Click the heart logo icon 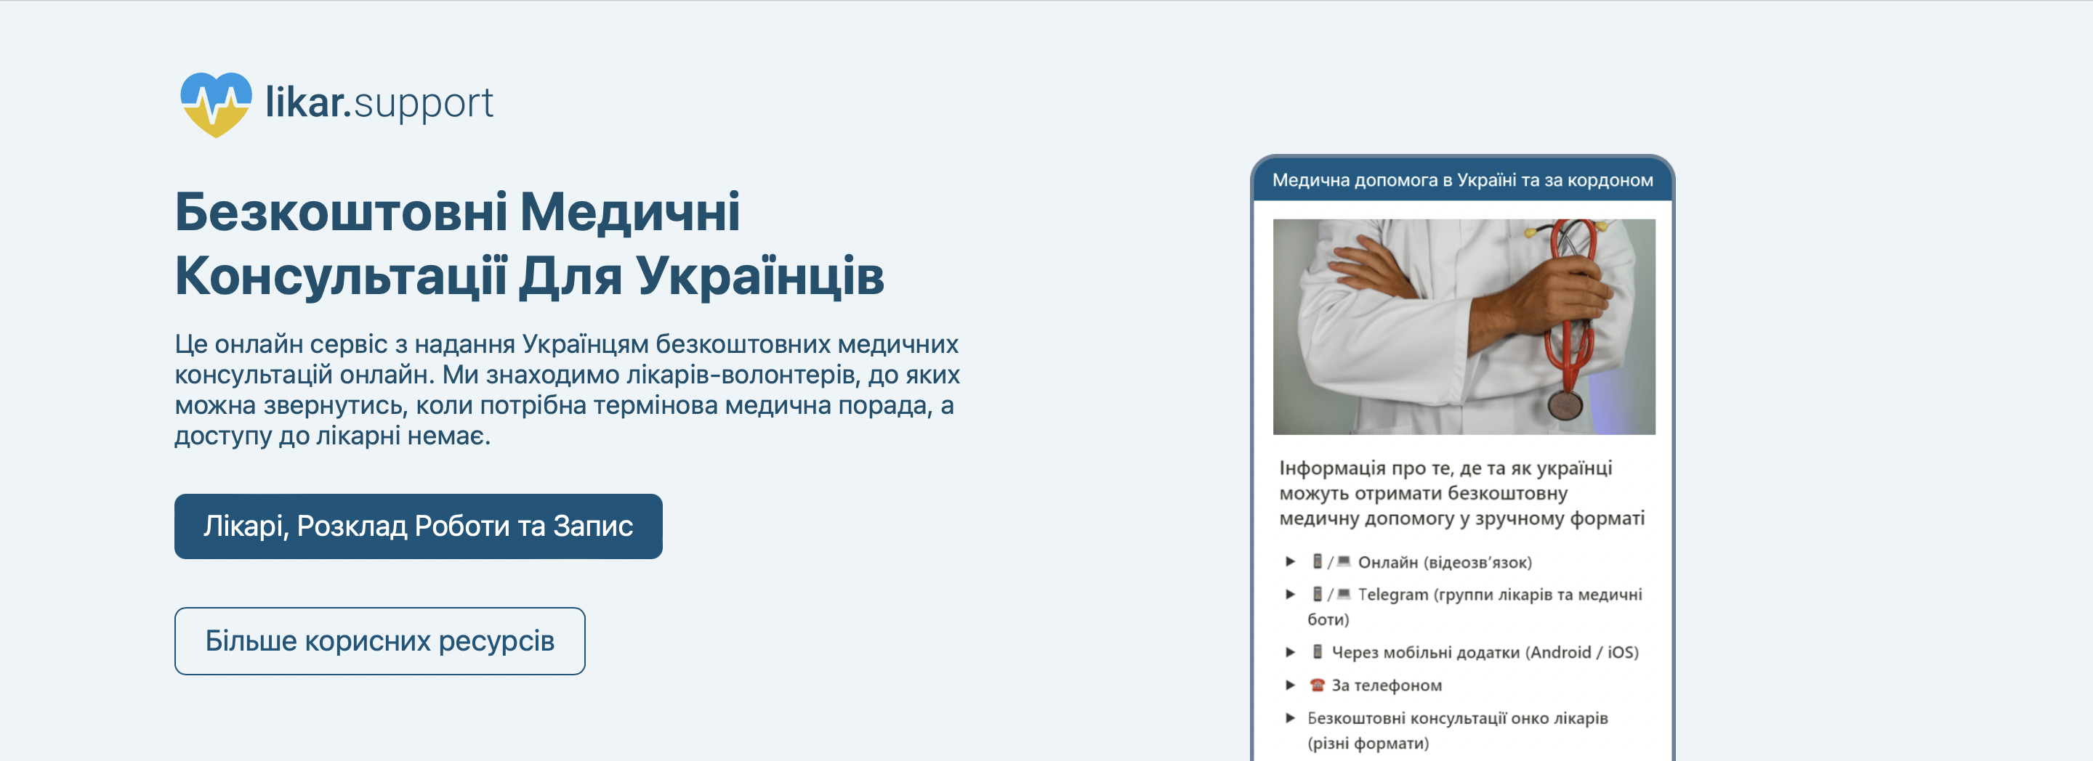tap(215, 105)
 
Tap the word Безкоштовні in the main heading tap(342, 212)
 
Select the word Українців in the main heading tap(759, 275)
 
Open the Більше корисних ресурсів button tap(379, 640)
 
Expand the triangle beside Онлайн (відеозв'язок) tap(1289, 561)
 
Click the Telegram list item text tap(1475, 606)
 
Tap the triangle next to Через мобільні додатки tap(1289, 651)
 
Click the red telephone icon tap(1317, 685)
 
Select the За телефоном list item tap(1386, 685)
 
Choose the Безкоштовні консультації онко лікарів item tap(1458, 730)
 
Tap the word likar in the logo tap(308, 102)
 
